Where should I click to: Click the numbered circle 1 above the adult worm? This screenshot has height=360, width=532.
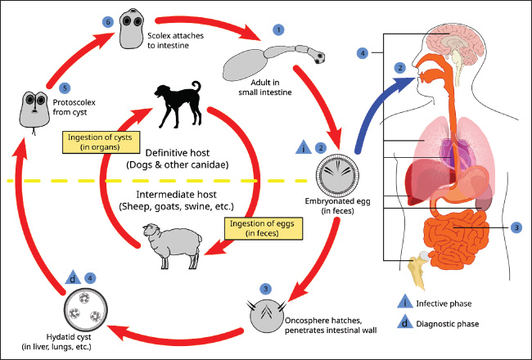point(279,29)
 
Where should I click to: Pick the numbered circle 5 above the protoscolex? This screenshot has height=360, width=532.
point(42,87)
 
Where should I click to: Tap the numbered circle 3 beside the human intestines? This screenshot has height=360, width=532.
point(516,227)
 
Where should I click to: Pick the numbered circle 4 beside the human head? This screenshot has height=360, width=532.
point(363,53)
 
